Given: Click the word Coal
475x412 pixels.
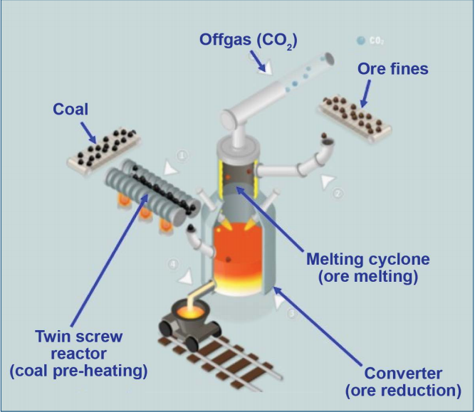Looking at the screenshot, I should point(71,110).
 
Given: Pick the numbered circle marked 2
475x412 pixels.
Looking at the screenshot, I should point(338,192).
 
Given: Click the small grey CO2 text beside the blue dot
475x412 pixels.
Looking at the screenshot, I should point(376,41).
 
